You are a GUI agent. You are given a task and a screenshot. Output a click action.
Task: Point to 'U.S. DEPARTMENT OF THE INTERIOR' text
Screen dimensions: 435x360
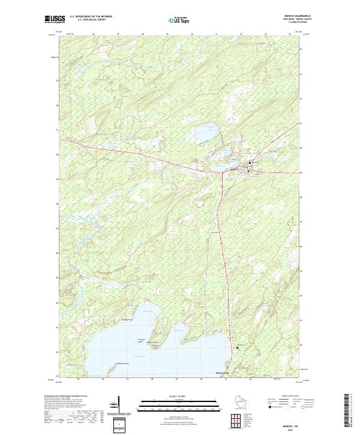[x=91, y=16]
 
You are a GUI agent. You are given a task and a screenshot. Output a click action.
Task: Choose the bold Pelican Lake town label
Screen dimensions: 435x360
[x=223, y=373]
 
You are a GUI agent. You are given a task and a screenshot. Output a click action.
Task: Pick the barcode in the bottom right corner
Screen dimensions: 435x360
[x=349, y=413]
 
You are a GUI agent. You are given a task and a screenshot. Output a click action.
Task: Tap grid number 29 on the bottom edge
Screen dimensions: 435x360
[x=177, y=380]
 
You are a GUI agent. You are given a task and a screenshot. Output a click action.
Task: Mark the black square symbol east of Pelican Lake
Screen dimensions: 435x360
[x=237, y=348]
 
